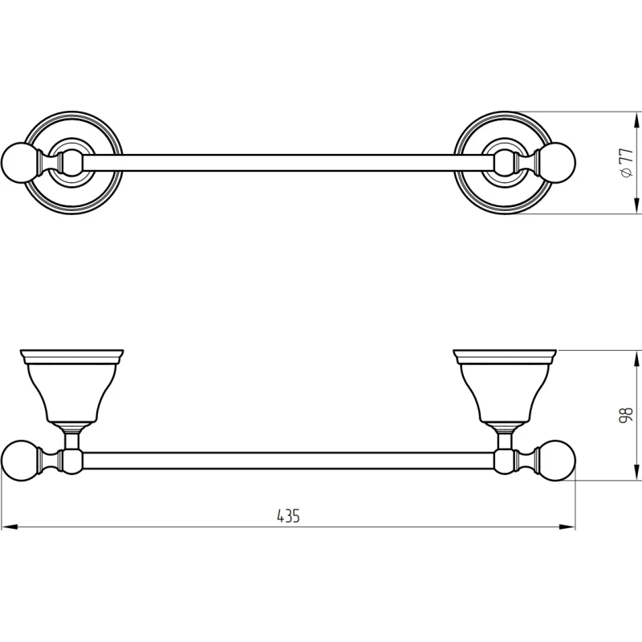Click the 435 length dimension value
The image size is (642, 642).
[x=288, y=516]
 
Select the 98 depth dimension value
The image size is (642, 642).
[x=627, y=415]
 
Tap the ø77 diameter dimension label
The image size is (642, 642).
[x=627, y=163]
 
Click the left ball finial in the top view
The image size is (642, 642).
[x=18, y=163]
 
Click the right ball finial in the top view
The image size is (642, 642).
[x=557, y=163]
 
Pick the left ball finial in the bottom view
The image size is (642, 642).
[x=18, y=460]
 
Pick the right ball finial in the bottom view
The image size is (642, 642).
[x=557, y=460]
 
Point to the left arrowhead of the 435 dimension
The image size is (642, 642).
[x=9, y=527]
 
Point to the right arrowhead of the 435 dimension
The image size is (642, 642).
[x=567, y=527]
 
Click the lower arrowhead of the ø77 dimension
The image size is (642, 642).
[x=636, y=205]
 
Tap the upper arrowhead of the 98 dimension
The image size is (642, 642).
[x=636, y=358]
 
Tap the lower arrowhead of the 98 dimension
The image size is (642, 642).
[x=636, y=472]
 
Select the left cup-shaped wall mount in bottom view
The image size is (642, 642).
[x=71, y=387]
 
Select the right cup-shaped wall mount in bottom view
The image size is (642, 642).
[x=505, y=387]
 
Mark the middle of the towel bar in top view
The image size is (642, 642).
[x=288, y=163]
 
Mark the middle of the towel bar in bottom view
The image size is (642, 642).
[x=288, y=460]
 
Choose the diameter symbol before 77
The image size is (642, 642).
[x=626, y=173]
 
